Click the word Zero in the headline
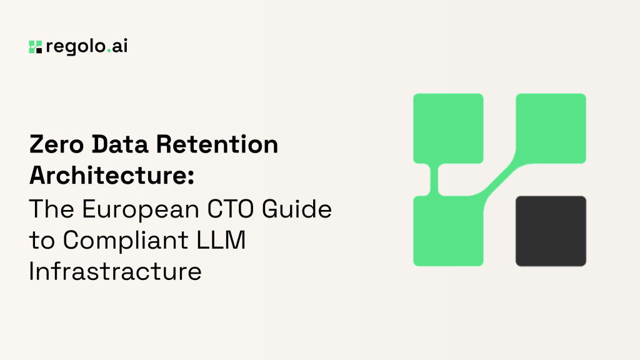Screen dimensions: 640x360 (57, 144)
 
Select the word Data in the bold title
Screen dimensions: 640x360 (119, 144)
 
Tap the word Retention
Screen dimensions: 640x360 (217, 144)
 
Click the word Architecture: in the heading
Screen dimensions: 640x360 (112, 176)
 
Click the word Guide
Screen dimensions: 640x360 (297, 209)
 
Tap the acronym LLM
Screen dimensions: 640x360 (221, 240)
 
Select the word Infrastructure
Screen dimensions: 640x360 (116, 271)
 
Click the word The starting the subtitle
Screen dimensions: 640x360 (52, 209)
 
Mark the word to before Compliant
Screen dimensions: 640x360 (42, 241)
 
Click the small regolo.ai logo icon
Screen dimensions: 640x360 (36, 47)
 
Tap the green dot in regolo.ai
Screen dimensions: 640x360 (109, 51)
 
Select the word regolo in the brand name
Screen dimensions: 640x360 (76, 46)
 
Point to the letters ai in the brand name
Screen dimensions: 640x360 (119, 46)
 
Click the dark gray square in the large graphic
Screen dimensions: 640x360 (551, 231)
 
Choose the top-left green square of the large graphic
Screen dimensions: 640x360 (448, 129)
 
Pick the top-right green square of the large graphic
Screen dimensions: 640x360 (551, 129)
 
